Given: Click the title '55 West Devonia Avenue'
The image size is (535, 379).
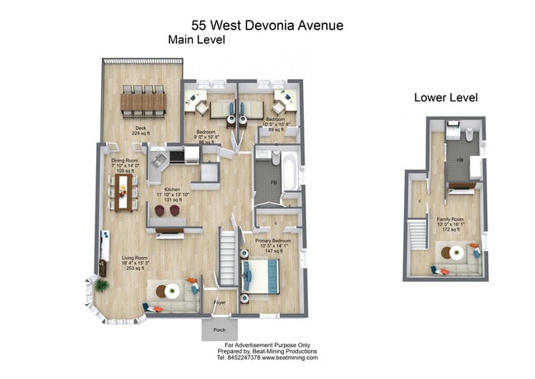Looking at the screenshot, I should pyautogui.click(x=267, y=26).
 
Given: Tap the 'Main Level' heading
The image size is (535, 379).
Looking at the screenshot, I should pyautogui.click(x=196, y=40).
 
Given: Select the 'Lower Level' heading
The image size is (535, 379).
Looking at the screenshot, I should pyautogui.click(x=445, y=97).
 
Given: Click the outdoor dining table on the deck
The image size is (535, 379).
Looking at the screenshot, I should pyautogui.click(x=142, y=101).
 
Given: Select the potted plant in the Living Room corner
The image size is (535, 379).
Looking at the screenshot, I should pyautogui.click(x=101, y=285).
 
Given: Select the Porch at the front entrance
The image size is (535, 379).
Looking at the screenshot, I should pyautogui.click(x=219, y=330).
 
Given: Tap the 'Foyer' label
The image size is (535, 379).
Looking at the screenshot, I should pyautogui.click(x=219, y=302).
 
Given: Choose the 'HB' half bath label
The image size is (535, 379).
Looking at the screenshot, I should pyautogui.click(x=460, y=160).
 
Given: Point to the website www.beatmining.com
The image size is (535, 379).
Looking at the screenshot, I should pyautogui.click(x=291, y=358).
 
